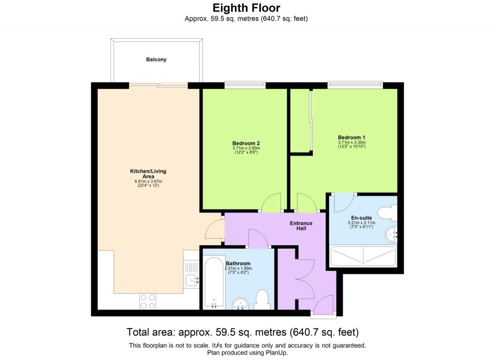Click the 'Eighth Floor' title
tap(247, 8)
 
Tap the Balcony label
tap(156, 60)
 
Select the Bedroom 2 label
tap(246, 143)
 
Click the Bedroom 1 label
tap(351, 137)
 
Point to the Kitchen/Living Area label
tap(148, 174)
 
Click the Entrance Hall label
tap(301, 225)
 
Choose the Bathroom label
tap(238, 263)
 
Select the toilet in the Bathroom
tap(262, 300)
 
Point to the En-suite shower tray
tap(362, 256)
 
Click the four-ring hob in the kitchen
tap(148, 301)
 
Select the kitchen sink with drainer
tap(191, 273)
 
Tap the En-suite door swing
tap(347, 201)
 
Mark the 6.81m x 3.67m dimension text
tap(148, 181)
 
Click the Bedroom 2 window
tap(245, 86)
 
